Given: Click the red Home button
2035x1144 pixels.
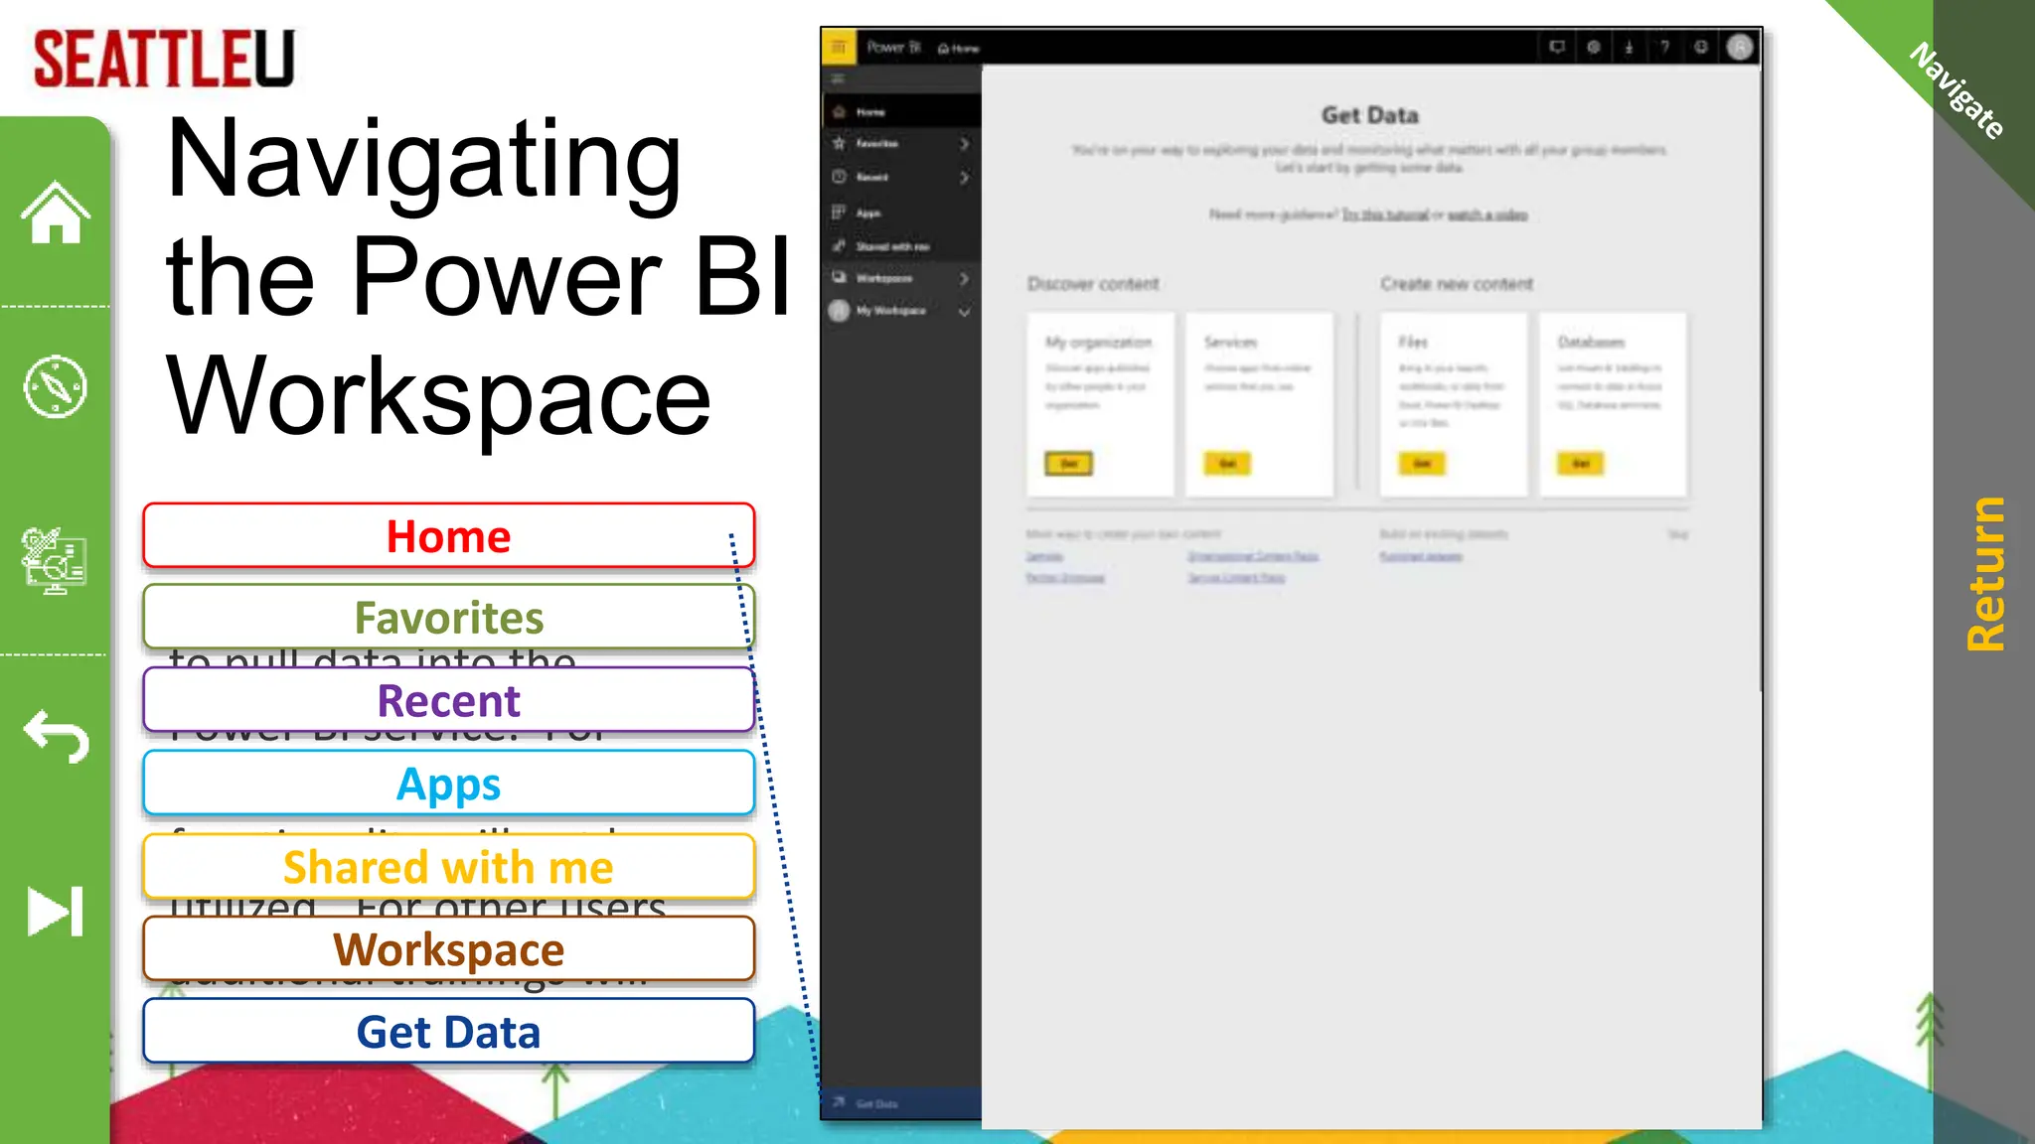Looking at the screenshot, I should point(448,536).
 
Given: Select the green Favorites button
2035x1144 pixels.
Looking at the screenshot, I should point(448,618).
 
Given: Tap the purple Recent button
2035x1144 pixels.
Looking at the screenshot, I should point(448,700).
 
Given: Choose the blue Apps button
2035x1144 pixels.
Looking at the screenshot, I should point(448,784).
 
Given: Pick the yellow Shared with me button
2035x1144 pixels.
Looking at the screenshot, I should point(448,867).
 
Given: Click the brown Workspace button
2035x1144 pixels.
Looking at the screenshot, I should point(448,949).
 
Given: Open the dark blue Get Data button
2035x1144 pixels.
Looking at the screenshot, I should point(448,1032).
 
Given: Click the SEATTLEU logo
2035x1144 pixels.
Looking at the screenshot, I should point(164,59).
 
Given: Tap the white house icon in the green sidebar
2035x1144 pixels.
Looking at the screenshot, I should point(56,213).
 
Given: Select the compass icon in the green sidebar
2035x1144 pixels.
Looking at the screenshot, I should point(56,386).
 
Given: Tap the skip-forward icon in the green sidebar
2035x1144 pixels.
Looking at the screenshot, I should point(56,911).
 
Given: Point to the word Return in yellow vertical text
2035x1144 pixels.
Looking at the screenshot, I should point(1985,574).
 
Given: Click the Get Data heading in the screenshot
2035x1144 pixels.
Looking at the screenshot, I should point(1369,115).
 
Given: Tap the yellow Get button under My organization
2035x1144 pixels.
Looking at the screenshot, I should point(1068,464).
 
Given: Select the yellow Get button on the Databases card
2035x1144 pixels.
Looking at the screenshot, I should point(1580,464).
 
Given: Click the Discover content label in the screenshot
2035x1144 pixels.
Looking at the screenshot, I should point(1093,284).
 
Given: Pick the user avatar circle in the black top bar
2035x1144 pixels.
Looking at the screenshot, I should point(1739,47).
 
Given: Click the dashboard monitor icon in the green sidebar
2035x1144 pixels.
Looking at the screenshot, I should point(55,560).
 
